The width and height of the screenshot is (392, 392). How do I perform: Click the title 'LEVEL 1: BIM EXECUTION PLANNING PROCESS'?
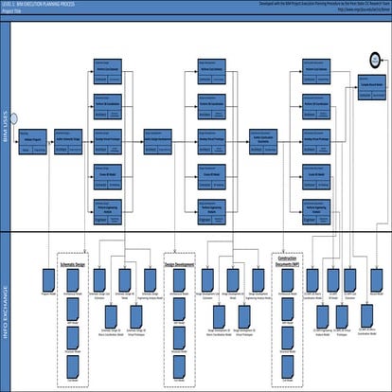tap(38, 4)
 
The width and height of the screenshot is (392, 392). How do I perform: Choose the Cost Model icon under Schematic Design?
tap(74, 372)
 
